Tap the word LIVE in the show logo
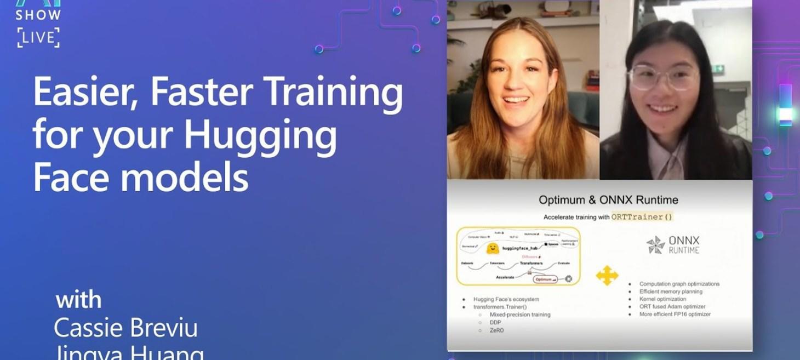point(38,38)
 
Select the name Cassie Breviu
point(125,328)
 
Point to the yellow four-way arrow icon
point(607,275)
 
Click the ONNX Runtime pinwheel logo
point(655,244)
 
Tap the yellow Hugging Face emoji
point(492,248)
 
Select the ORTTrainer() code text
point(642,217)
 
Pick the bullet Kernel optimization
point(662,299)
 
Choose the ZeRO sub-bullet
point(498,330)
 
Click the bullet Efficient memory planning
point(671,292)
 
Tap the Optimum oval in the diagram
point(546,279)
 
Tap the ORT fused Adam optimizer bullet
point(672,307)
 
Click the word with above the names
point(79,300)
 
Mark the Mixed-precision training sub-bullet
point(520,315)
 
